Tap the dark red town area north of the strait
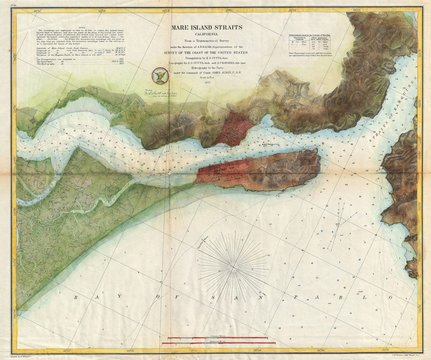[x=236, y=129]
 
